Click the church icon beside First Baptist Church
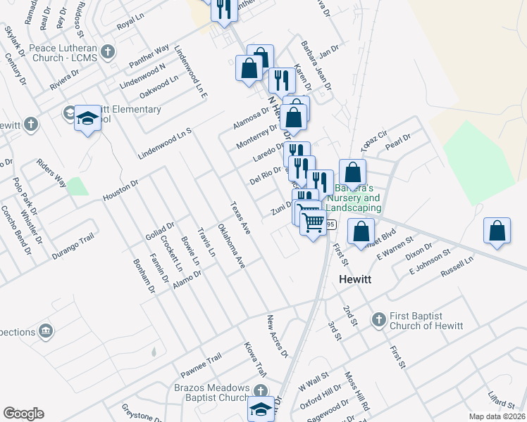[x=378, y=319]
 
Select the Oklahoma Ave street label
[x=230, y=246]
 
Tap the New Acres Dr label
[x=278, y=336]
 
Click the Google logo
[x=23, y=414]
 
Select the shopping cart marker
[x=314, y=223]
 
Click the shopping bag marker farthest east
[x=497, y=231]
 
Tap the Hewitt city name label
[x=355, y=279]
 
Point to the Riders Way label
[x=51, y=172]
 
